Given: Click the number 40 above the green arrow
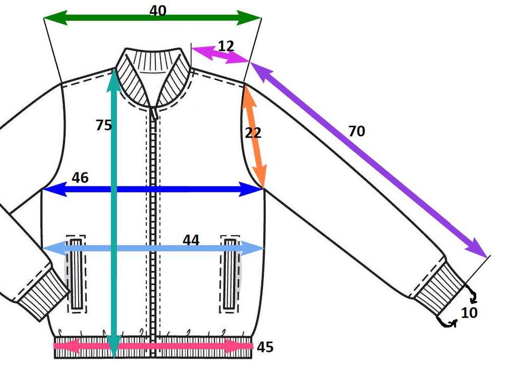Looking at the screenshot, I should (158, 11).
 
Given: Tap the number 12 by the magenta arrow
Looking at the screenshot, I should (226, 46).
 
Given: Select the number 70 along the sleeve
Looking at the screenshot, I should (357, 131).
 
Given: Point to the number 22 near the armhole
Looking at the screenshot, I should (253, 133).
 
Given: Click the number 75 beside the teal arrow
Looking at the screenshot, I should (104, 125).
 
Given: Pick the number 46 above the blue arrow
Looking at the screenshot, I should (80, 178).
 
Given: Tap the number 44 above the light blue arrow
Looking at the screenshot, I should (191, 240).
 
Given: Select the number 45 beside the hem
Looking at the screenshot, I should (265, 347).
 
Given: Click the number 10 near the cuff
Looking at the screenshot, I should (469, 312).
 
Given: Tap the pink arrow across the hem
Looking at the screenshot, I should (153, 347).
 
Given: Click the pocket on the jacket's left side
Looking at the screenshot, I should (76, 274).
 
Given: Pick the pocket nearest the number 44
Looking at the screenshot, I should (230, 274).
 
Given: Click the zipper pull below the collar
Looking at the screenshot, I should (154, 112).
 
